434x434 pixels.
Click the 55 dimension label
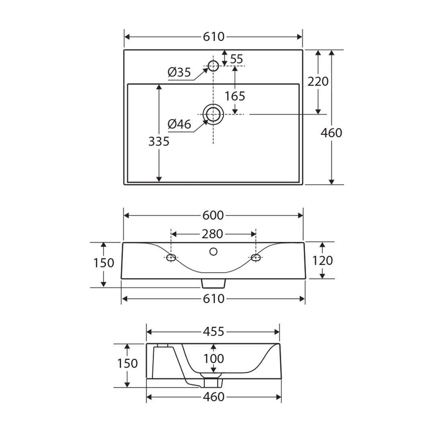point(237,59)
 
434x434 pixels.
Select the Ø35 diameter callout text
point(179,73)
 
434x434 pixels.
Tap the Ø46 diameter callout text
point(179,125)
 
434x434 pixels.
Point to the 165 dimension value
point(235,96)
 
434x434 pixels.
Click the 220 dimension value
point(318,82)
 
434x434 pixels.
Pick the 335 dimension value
point(159,141)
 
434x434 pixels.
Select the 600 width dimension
point(213,216)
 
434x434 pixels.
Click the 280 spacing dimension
point(213,234)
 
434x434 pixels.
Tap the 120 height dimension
point(322,261)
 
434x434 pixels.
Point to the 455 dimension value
point(213,332)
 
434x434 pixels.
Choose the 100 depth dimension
point(213,358)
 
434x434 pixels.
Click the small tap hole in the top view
point(213,65)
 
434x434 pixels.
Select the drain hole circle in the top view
point(213,115)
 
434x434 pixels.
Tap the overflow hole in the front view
point(213,252)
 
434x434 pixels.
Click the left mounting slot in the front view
point(172,258)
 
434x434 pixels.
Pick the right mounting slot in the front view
point(256,258)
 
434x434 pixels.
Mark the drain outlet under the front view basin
point(213,283)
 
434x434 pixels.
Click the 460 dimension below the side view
point(213,397)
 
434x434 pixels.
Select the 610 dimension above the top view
point(213,37)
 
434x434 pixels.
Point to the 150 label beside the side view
point(127,364)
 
